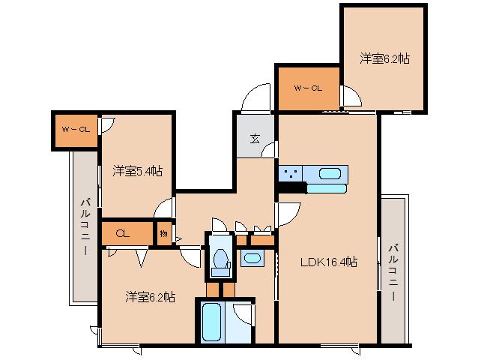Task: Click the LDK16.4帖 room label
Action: click(x=328, y=262)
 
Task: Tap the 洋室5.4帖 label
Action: click(x=138, y=171)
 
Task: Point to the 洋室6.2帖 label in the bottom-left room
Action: click(x=150, y=297)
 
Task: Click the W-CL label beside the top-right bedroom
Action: click(x=308, y=88)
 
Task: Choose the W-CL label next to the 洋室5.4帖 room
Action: click(x=75, y=129)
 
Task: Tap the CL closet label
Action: click(x=122, y=234)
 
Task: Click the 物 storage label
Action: click(x=163, y=234)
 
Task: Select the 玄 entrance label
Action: click(x=255, y=138)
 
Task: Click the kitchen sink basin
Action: click(x=330, y=174)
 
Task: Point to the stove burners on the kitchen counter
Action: click(x=292, y=174)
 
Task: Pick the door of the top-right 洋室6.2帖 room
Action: click(x=348, y=96)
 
